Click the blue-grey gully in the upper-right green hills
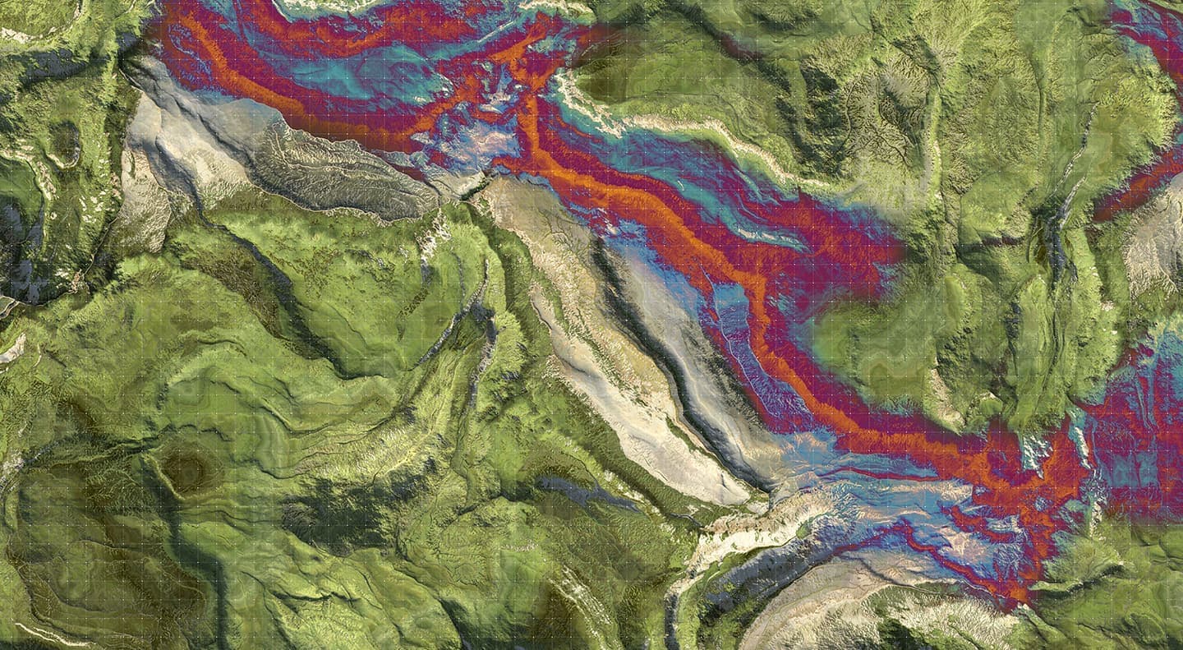coord(1060,247)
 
